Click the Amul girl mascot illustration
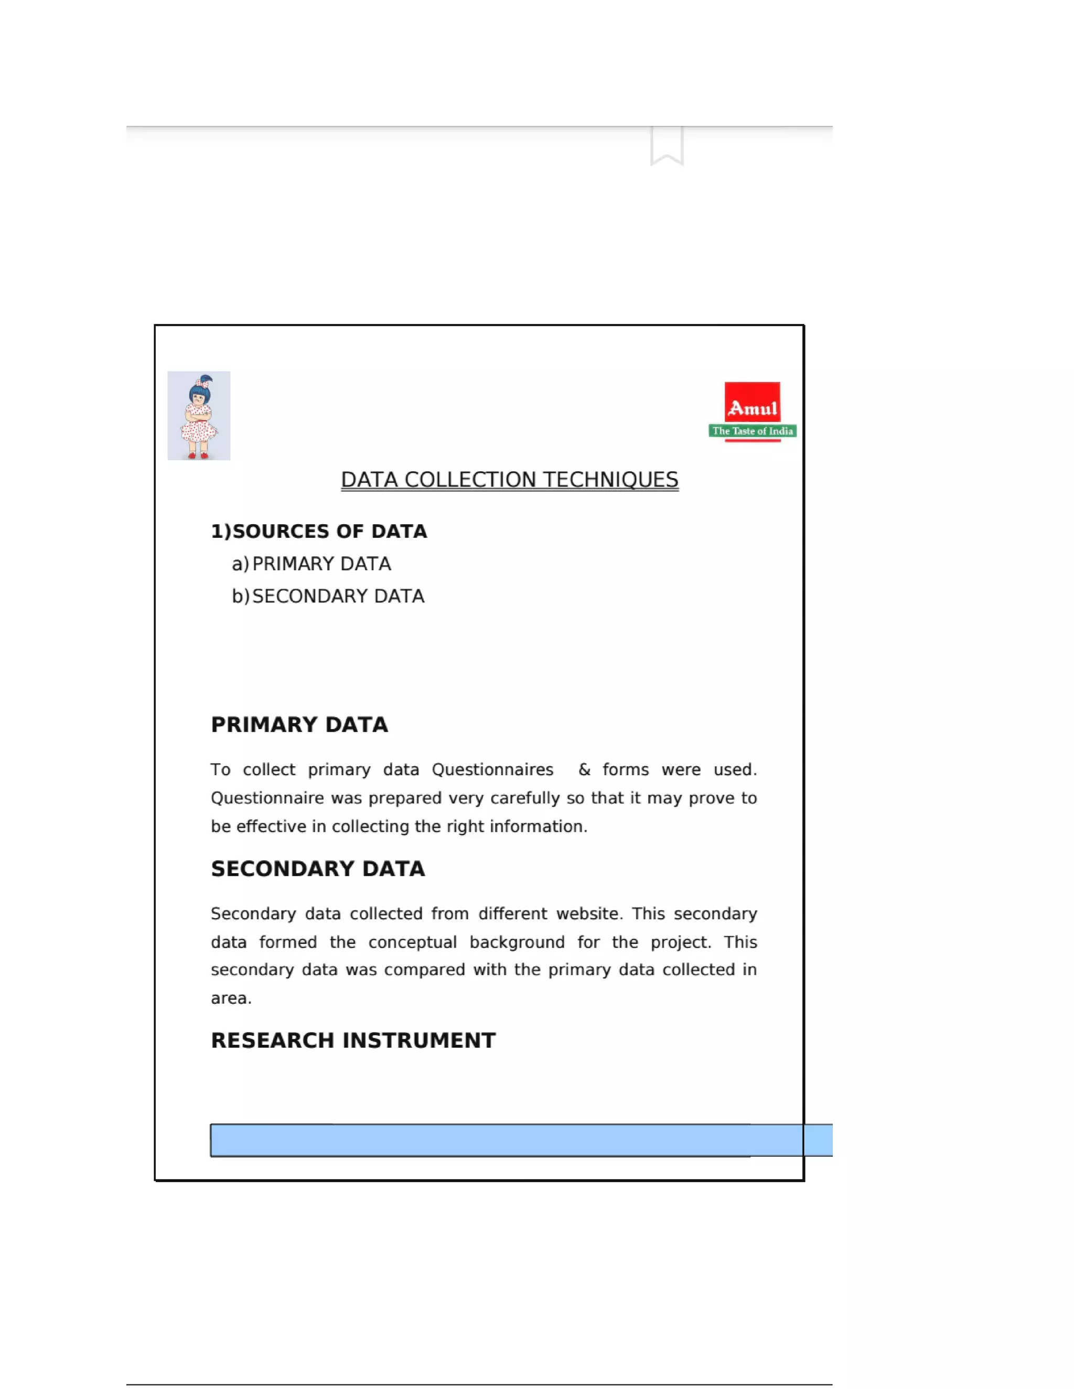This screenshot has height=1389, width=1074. (199, 415)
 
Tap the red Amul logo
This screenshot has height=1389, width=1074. (752, 402)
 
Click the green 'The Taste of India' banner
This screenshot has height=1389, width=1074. (752, 431)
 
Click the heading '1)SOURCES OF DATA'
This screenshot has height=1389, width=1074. (319, 531)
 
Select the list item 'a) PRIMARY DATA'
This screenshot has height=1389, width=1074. (312, 563)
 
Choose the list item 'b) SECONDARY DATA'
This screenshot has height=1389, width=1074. (328, 596)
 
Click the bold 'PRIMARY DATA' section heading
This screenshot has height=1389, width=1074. (299, 724)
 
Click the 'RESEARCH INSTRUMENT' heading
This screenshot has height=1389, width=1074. (353, 1040)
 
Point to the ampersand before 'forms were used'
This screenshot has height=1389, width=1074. (584, 769)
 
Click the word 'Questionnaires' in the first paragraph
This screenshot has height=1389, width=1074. (492, 769)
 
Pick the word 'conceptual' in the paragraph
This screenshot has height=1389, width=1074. (412, 942)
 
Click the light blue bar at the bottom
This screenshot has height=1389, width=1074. (509, 1140)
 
